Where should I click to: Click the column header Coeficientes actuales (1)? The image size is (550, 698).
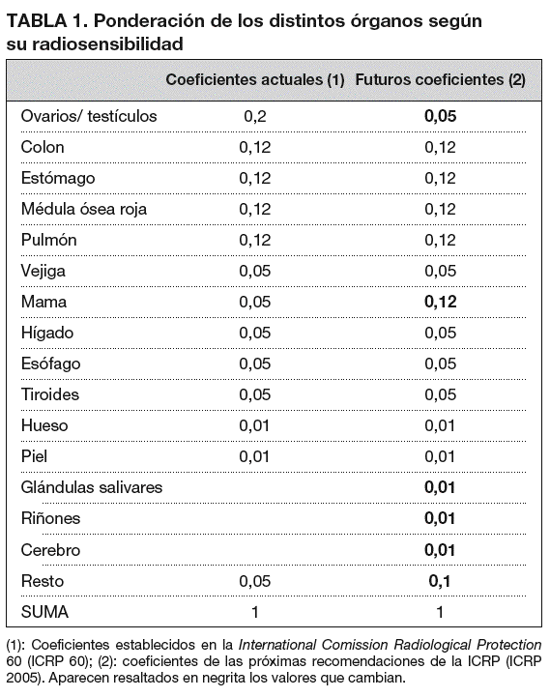click(x=255, y=81)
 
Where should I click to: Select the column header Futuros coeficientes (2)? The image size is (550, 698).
click(x=440, y=81)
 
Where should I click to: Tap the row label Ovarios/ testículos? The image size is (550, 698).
click(x=89, y=117)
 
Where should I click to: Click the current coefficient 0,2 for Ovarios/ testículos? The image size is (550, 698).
click(x=255, y=117)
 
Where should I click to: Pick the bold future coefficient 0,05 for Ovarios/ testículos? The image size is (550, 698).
click(x=440, y=117)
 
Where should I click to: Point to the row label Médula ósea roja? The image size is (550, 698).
click(x=84, y=210)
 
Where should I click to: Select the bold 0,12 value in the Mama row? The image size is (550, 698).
click(x=440, y=303)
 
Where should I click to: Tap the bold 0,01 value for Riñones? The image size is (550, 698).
click(x=440, y=519)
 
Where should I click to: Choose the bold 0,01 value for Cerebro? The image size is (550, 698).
click(x=440, y=550)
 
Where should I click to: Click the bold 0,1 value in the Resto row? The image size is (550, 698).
click(x=440, y=581)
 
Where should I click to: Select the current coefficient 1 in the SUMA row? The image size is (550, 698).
click(x=255, y=612)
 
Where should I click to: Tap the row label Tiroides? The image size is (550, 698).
click(x=50, y=395)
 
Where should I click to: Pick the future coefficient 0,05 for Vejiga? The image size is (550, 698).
click(x=440, y=272)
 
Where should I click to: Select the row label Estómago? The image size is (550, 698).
click(x=58, y=179)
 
